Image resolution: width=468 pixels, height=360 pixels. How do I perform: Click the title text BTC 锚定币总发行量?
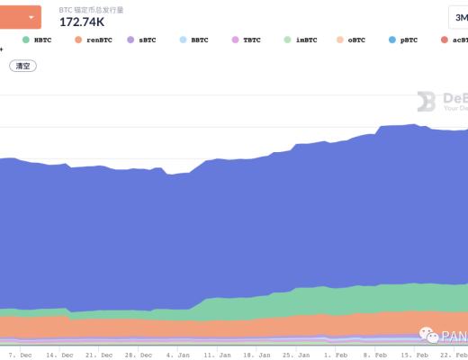click(x=91, y=8)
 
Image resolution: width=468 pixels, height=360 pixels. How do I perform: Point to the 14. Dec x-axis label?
click(x=59, y=355)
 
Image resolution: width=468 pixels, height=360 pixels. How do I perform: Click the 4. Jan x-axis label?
click(x=178, y=355)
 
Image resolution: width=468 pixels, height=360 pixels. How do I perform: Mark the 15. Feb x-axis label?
click(x=413, y=355)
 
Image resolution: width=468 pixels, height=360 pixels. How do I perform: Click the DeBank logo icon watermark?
click(x=427, y=102)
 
